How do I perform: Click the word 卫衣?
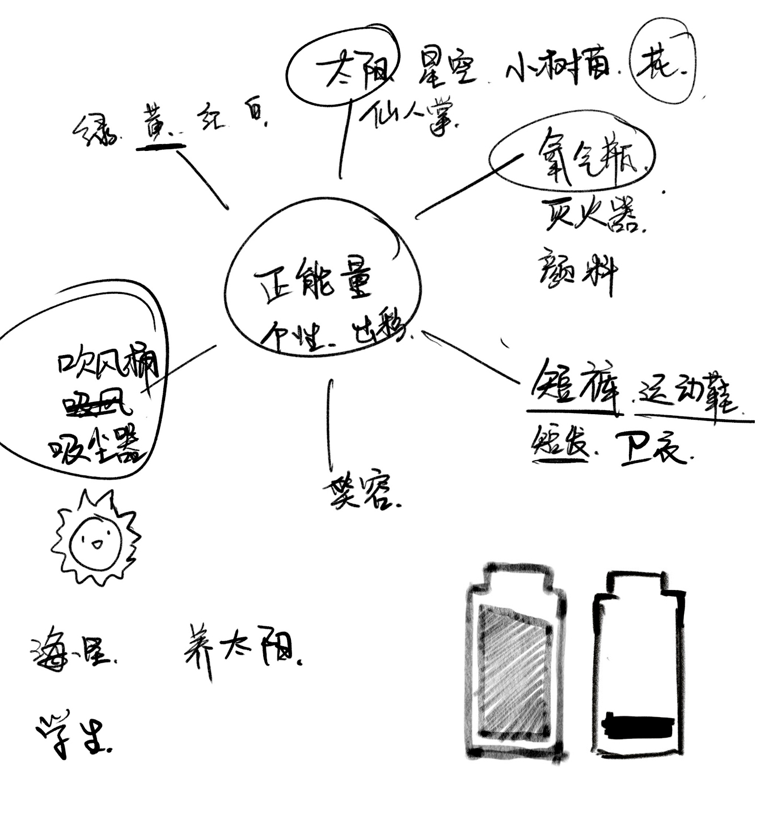652,449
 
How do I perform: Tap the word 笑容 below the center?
358,492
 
